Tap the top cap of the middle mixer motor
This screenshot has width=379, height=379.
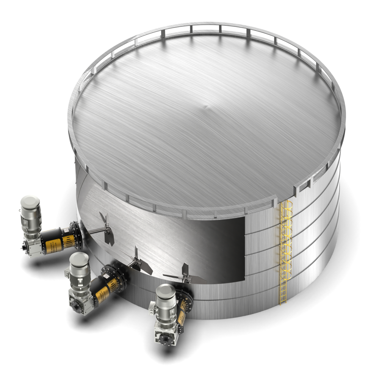tap(80, 259)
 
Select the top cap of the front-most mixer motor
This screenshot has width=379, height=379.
tap(166, 291)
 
